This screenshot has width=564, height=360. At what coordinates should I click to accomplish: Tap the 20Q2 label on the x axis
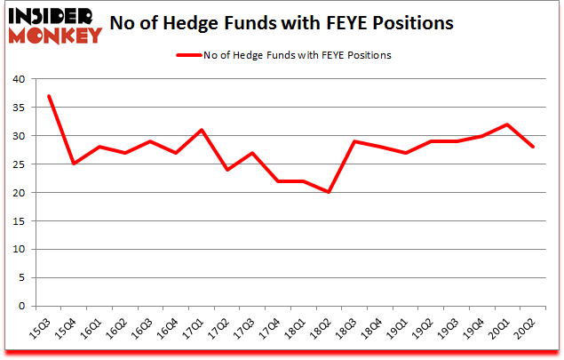530,328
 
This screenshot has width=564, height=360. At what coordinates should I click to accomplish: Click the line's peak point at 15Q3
49,96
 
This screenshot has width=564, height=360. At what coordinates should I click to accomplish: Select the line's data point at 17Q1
203,130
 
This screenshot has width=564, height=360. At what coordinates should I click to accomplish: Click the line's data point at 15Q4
75,164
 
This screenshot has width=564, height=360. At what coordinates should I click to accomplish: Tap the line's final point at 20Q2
534,148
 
